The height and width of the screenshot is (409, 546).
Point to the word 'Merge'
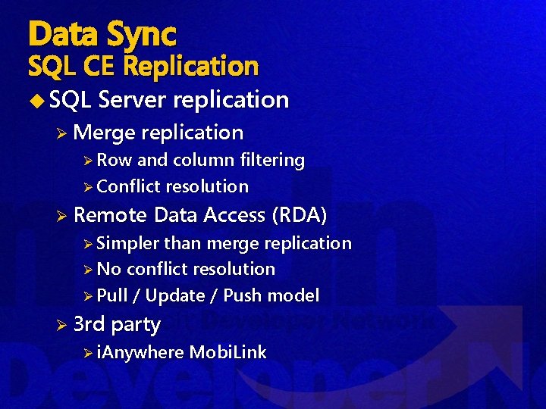coord(105,133)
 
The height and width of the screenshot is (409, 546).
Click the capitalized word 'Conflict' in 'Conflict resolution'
coord(128,186)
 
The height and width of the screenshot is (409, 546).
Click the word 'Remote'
coord(111,215)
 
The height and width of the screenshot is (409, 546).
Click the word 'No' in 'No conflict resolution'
coord(109,269)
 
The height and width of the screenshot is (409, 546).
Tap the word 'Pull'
coord(112,295)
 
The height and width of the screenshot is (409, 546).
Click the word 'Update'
coord(174,295)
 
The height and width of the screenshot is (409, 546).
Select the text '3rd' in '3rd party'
coord(89,324)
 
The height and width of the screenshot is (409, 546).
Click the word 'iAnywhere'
coord(140,352)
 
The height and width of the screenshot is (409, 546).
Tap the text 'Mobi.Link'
coord(227,352)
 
